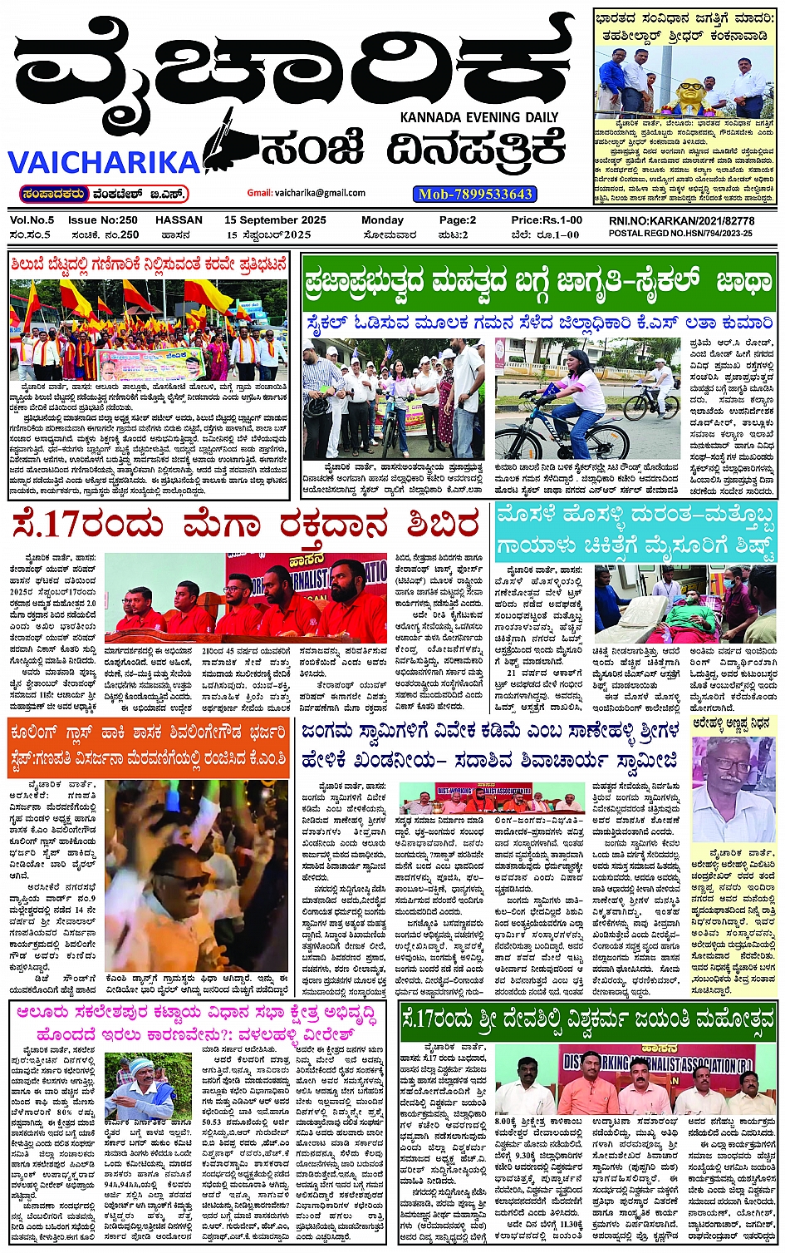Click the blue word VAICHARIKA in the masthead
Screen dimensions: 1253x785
[104, 160]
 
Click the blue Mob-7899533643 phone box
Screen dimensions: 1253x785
[475, 194]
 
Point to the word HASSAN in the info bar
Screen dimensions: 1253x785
[179, 220]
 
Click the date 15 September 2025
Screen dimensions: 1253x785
[275, 220]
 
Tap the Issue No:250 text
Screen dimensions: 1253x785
[103, 220]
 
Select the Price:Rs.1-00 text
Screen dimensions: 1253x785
[547, 220]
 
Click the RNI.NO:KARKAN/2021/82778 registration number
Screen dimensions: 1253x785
[681, 221]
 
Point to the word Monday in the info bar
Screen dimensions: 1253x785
[382, 220]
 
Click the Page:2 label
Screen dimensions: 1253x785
[458, 220]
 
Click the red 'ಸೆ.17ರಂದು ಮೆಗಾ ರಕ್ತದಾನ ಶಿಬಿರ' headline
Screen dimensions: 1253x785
[246, 525]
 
